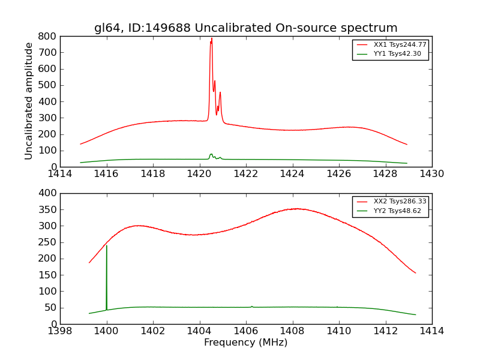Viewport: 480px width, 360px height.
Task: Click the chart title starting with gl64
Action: tap(245, 28)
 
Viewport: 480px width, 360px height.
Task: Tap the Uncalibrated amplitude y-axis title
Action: tap(29, 101)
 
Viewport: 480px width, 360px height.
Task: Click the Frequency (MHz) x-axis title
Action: tap(245, 343)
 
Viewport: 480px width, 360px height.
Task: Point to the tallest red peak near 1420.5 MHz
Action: tap(211, 38)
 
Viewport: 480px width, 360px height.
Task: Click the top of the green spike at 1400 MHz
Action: tap(107, 245)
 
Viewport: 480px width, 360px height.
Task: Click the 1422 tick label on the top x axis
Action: tap(245, 174)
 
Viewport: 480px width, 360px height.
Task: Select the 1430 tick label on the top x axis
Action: tap(431, 174)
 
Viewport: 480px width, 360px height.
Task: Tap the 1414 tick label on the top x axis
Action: tap(60, 174)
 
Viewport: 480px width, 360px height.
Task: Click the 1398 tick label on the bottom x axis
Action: tap(60, 331)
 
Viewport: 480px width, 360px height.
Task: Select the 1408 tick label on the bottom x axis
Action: tap(292, 331)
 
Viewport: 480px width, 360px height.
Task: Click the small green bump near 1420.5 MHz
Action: tap(211, 154)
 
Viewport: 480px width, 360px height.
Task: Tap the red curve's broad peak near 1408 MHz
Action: tap(296, 209)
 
